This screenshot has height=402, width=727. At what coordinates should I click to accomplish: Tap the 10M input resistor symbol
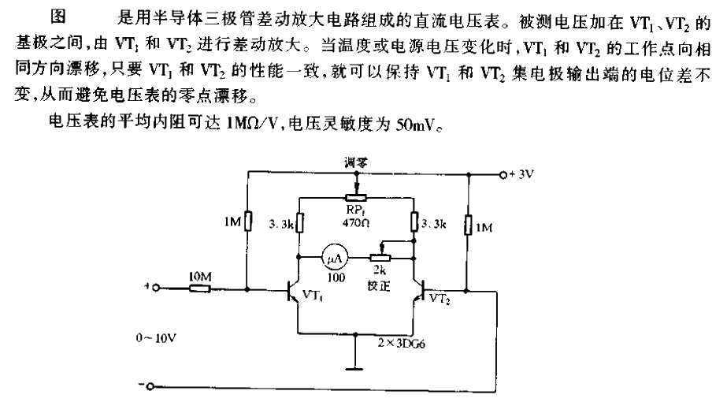coord(199,289)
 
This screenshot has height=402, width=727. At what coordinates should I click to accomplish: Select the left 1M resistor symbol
coord(247,222)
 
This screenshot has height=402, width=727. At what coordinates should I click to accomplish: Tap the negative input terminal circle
coord(153,385)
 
